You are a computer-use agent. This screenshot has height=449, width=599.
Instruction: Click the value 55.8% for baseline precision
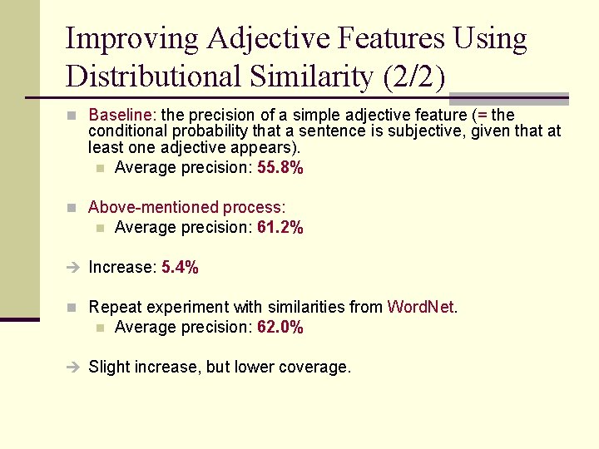point(280,168)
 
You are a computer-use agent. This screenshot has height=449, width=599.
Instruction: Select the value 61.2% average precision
point(280,228)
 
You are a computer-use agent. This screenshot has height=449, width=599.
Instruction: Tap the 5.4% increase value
point(180,268)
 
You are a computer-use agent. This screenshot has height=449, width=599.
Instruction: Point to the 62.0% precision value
point(280,328)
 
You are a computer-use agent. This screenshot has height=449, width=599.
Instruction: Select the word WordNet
point(421,308)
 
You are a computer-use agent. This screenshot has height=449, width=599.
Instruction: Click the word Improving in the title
point(132,39)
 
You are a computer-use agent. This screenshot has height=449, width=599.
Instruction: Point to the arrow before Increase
point(72,268)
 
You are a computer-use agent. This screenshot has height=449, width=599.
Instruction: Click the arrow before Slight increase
point(72,368)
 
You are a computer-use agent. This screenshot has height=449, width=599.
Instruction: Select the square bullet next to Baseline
point(72,116)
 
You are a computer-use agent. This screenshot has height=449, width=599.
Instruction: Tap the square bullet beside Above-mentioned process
point(72,208)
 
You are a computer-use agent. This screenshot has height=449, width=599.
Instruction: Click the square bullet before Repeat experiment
point(72,308)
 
